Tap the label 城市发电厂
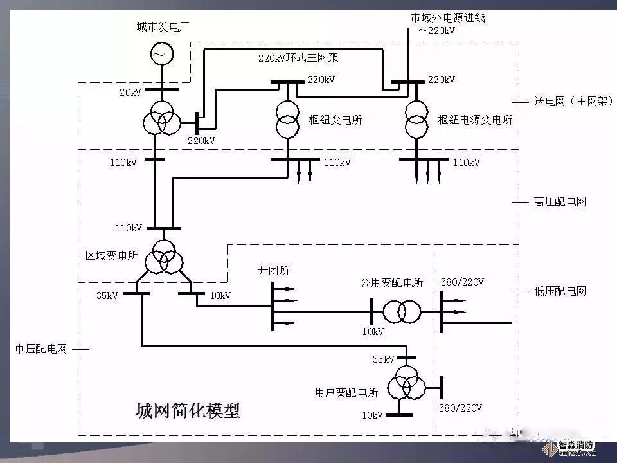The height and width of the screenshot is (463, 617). coord(163,27)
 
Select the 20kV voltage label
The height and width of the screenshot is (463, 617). coord(130,93)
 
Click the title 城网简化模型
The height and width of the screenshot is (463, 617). coord(188,410)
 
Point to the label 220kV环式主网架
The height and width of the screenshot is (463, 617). coord(298,58)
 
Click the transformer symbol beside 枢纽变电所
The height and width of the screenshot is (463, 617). coord(287,119)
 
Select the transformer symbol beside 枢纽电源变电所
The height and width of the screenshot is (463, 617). coord(416,119)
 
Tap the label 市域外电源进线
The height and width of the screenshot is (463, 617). coord(448,18)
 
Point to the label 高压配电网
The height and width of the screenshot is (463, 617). coord(560,202)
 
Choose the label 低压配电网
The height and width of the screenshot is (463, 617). coord(560,291)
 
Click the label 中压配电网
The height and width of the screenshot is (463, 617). coord(41,349)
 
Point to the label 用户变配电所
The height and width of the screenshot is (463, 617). coord(346,392)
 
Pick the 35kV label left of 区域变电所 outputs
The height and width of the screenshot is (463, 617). coord(107,296)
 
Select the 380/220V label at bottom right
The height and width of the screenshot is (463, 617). coord(460,408)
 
